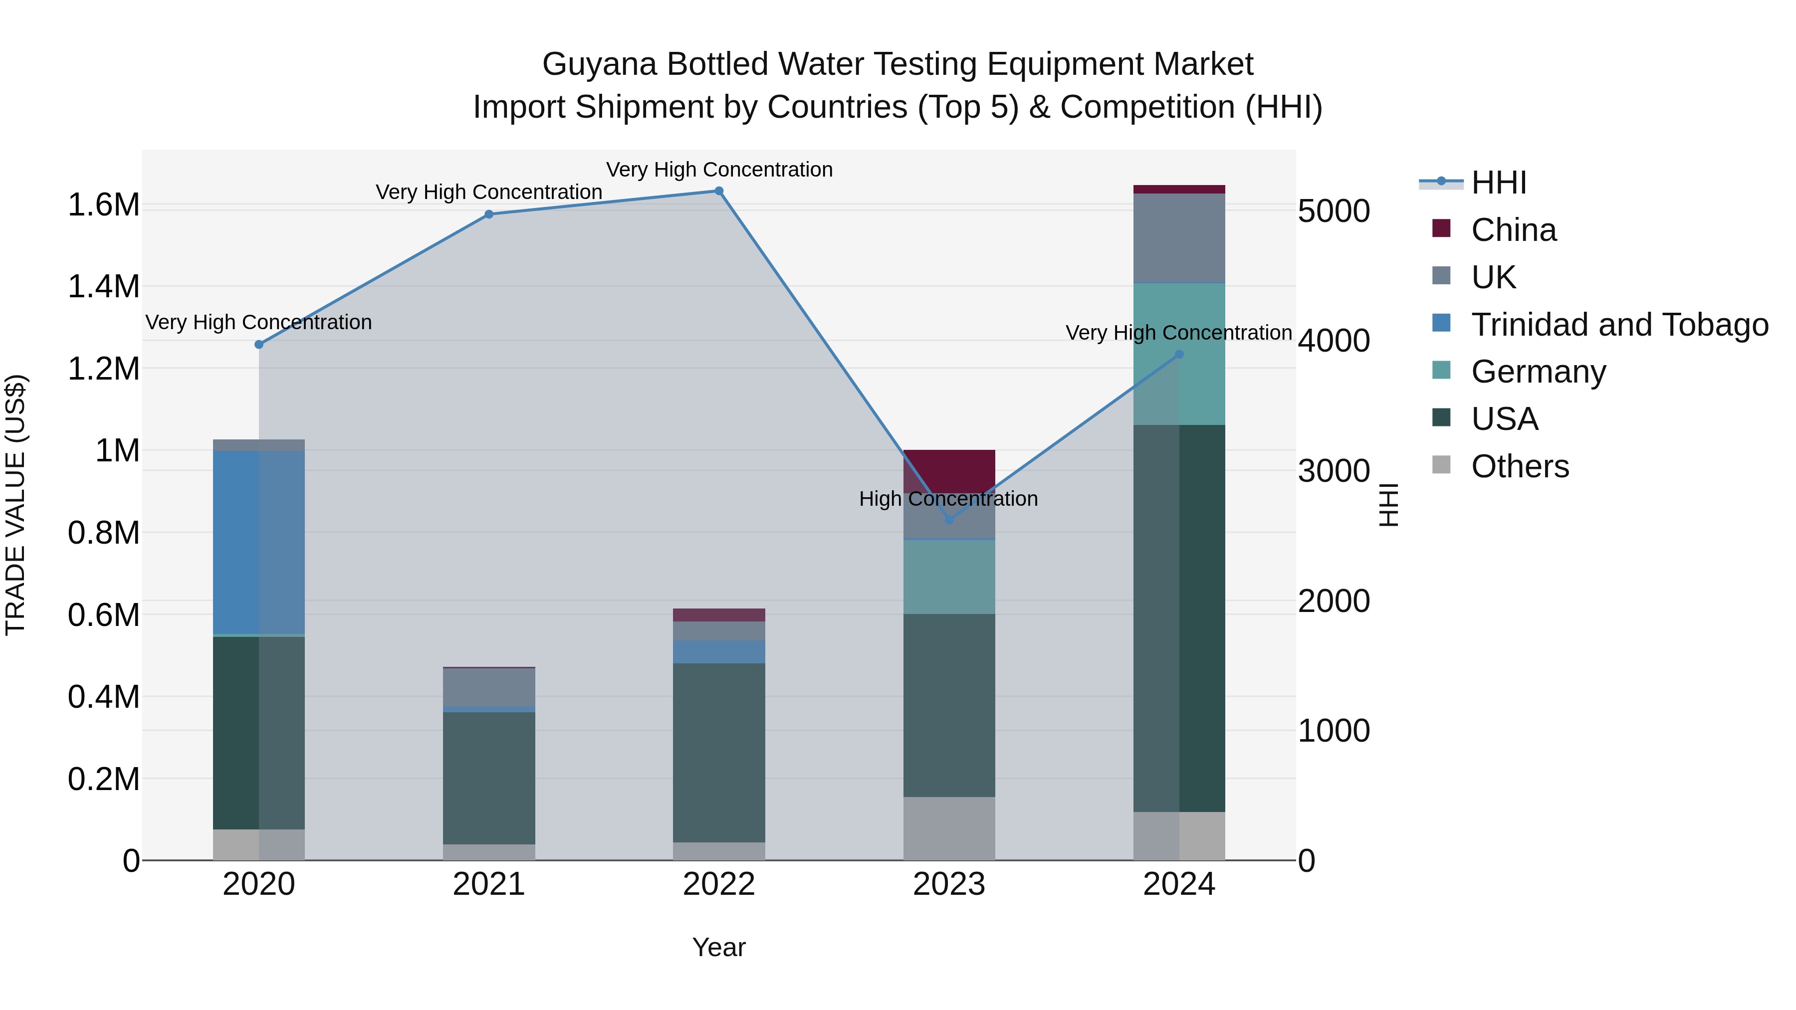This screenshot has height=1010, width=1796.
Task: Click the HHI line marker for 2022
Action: (x=719, y=191)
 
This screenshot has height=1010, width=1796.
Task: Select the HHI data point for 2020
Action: (x=258, y=344)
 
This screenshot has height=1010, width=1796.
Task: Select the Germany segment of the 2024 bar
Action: (x=1179, y=391)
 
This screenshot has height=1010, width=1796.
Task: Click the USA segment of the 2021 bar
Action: (x=489, y=777)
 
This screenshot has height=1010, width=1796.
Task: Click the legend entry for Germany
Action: (x=1538, y=372)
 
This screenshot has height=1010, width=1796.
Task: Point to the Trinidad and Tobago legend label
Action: (x=1619, y=324)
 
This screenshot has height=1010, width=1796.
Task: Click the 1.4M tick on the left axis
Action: (x=103, y=286)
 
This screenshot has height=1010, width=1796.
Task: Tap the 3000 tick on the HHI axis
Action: (x=1334, y=471)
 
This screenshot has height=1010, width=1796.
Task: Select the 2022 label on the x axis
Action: (x=719, y=884)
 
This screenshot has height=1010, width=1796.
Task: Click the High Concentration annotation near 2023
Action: (x=948, y=498)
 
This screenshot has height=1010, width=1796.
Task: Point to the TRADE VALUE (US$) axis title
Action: (x=15, y=505)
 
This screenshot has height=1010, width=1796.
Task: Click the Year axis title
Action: (x=719, y=947)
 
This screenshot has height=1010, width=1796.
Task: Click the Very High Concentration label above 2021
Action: (x=489, y=192)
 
